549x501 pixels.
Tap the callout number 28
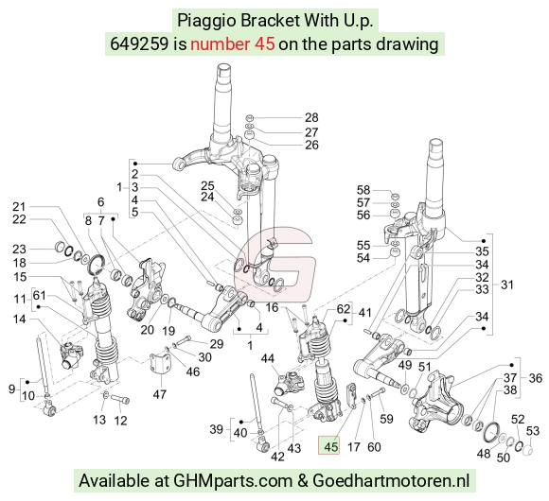click(x=311, y=117)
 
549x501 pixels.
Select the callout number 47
click(x=159, y=395)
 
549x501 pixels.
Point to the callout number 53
click(x=533, y=431)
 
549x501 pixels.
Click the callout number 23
click(x=19, y=249)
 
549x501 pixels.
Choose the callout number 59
click(x=386, y=419)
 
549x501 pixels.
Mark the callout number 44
click(x=268, y=358)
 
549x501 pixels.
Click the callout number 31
click(x=507, y=285)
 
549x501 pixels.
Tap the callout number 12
click(x=120, y=421)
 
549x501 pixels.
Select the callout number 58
click(x=363, y=190)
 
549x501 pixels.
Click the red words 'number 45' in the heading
click(x=233, y=44)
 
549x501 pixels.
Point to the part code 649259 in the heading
click(x=139, y=44)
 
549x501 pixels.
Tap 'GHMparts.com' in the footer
click(x=233, y=481)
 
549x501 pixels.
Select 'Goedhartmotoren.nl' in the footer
click(x=391, y=480)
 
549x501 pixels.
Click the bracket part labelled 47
click(x=160, y=365)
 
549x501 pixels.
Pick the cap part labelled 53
click(x=527, y=450)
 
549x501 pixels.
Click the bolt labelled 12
click(x=120, y=399)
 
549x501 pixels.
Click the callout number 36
click(x=535, y=378)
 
